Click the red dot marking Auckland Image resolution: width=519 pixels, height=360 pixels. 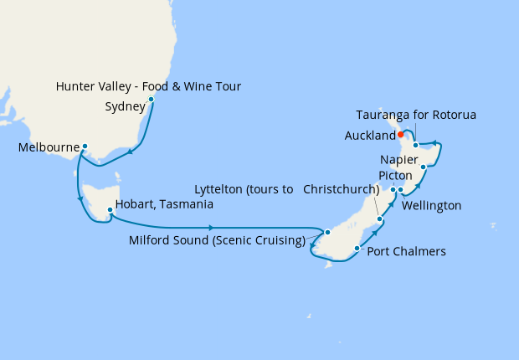click(x=401, y=134)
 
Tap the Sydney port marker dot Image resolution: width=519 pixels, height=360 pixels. click(x=151, y=100)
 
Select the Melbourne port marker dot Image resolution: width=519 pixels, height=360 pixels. click(x=85, y=147)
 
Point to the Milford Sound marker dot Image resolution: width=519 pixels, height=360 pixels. click(x=328, y=232)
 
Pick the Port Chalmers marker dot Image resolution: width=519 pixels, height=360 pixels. click(x=357, y=248)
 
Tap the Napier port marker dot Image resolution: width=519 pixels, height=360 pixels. click(x=424, y=167)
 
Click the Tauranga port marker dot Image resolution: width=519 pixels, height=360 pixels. click(x=415, y=146)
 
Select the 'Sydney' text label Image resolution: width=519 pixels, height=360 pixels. click(x=126, y=106)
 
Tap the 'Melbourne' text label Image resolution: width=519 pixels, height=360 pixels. click(x=48, y=148)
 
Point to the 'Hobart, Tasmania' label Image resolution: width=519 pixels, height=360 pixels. click(x=164, y=203)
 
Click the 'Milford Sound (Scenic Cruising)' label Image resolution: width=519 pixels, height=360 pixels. click(x=217, y=241)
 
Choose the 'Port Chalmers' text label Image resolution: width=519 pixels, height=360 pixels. click(x=407, y=251)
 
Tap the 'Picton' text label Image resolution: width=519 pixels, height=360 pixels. click(x=394, y=176)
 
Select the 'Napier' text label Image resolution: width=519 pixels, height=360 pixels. click(x=398, y=159)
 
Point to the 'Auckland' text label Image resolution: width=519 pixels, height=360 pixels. click(x=369, y=136)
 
